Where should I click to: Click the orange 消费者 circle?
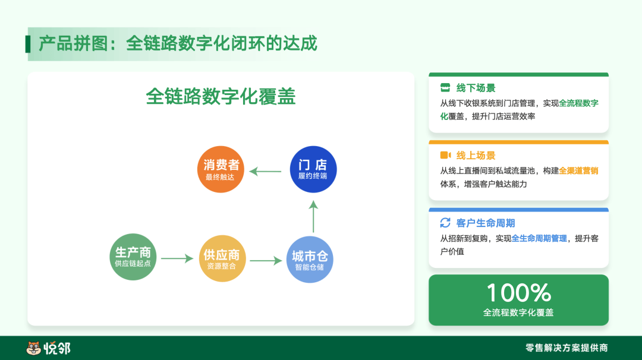[x=221, y=169]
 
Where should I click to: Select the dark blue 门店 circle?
[x=313, y=169]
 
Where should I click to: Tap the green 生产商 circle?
[x=133, y=257]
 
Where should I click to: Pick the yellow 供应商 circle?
[x=222, y=258]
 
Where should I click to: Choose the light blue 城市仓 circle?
[x=310, y=260]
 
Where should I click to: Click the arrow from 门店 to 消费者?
[x=265, y=172]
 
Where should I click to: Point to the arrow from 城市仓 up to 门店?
[x=313, y=216]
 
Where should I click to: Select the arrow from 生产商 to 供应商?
[x=177, y=258]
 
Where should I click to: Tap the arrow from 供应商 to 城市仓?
[x=266, y=260]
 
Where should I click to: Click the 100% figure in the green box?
[x=519, y=293]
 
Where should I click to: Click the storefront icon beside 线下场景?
[x=445, y=87]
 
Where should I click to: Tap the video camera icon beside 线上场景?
[x=445, y=155]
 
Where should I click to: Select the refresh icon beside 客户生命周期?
[x=445, y=223]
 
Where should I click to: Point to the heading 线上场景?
[x=476, y=156]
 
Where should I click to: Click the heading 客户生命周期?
[x=486, y=223]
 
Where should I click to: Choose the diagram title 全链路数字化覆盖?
[x=221, y=97]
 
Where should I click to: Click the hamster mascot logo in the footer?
[x=33, y=348]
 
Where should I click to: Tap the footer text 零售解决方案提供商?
[x=567, y=348]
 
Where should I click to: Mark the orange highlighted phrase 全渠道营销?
[x=578, y=171]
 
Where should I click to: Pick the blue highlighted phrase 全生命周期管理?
[x=539, y=238]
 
